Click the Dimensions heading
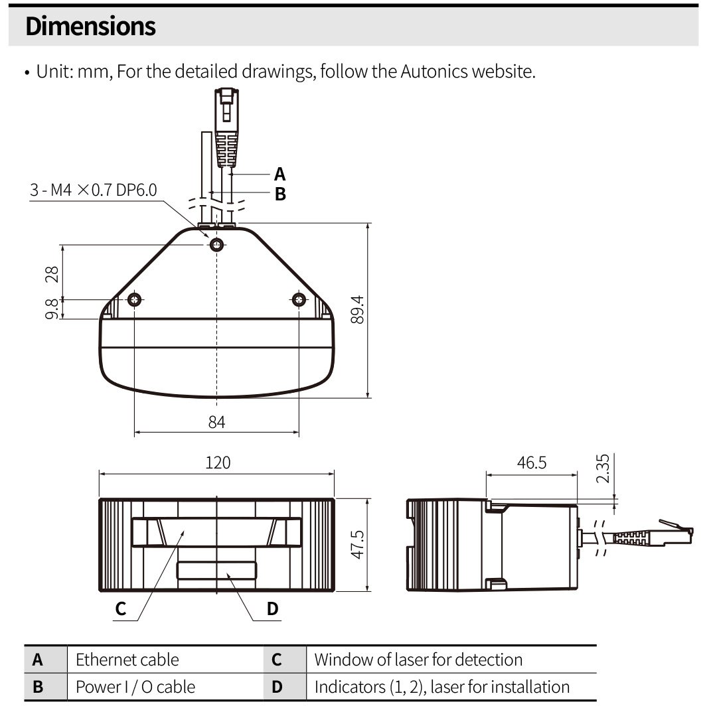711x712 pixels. tap(90, 27)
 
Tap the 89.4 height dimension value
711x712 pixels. tap(358, 309)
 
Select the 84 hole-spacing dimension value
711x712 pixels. tap(216, 422)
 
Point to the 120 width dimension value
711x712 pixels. tap(218, 463)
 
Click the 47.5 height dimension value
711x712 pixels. tap(358, 544)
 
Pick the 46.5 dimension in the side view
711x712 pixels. tap(532, 463)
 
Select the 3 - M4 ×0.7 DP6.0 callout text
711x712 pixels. tap(94, 191)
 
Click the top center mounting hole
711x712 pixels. tap(216, 246)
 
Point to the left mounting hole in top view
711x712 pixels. tap(135, 300)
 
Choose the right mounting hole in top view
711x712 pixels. tap(299, 300)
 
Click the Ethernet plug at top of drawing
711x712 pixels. tap(226, 126)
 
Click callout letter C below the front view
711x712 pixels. tap(120, 608)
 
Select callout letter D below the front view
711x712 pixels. tap(272, 608)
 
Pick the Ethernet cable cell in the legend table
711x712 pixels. tap(127, 660)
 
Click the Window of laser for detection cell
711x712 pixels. tap(418, 660)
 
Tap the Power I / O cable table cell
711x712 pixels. tap(135, 687)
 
